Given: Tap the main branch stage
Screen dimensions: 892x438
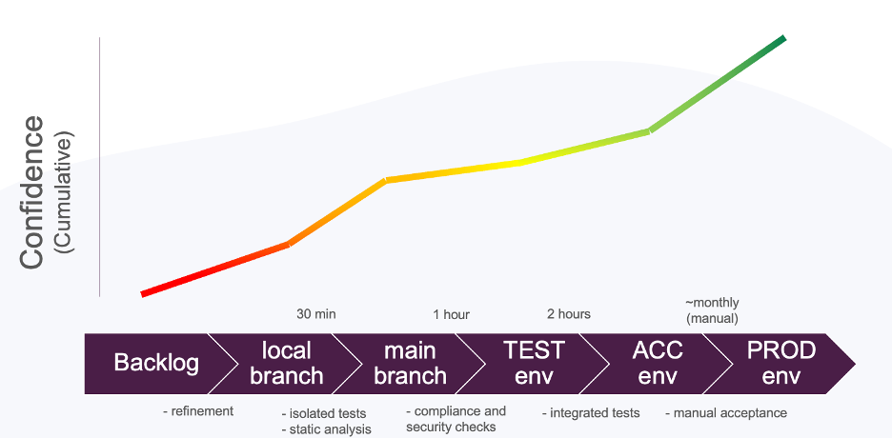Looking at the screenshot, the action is tap(410, 364).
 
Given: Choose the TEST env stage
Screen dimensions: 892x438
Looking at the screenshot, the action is tap(534, 364).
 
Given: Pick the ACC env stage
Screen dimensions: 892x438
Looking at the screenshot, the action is tap(658, 364).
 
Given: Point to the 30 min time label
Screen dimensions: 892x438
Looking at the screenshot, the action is tap(316, 313).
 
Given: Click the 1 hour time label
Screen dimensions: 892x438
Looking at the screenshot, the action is tap(451, 314).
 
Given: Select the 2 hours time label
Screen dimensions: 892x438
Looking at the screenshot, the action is tap(569, 313).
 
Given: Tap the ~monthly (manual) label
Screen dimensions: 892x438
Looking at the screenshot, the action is tap(712, 310).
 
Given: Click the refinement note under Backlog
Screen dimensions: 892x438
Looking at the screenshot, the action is tap(198, 411).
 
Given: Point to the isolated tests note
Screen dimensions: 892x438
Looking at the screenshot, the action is tap(324, 413).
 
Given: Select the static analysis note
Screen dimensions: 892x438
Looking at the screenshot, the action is tap(327, 428).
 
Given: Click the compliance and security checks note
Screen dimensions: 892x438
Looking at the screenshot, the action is tap(456, 419).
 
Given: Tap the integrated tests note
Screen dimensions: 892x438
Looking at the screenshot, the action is tap(591, 413).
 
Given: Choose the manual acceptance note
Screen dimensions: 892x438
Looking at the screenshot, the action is tap(726, 413).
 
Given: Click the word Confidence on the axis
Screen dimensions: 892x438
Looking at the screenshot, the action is tap(31, 192).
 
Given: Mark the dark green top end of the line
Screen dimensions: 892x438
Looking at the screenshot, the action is tap(784, 38).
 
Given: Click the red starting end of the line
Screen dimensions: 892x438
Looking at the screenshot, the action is tap(142, 293).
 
